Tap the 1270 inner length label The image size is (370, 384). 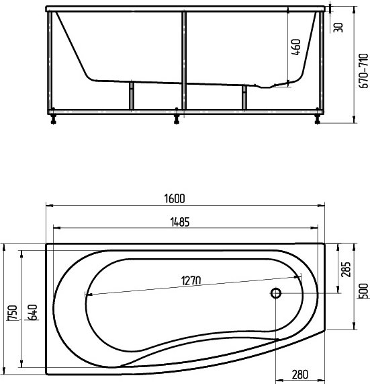click(190, 280)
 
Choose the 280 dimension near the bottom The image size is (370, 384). click(300, 375)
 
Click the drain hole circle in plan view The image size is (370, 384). click(275, 293)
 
